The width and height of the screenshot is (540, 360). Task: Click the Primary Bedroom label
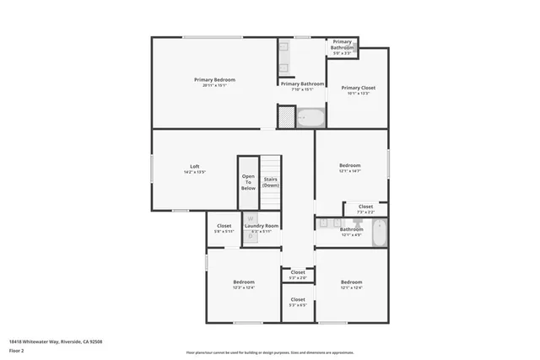coord(214,80)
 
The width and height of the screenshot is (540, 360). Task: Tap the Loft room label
coord(194,166)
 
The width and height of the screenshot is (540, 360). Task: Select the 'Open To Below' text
coord(248,182)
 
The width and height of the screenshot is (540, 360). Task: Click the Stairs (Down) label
coord(271,182)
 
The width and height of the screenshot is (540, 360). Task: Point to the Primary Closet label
coord(357,88)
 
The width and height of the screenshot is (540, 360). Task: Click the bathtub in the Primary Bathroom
coord(310,117)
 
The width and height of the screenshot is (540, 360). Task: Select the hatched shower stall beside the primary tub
coord(287,116)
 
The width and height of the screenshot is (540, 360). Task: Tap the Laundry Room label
coord(262,226)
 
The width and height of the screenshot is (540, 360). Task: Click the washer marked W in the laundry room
coord(250,219)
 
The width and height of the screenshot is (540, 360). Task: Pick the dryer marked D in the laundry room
coord(250,237)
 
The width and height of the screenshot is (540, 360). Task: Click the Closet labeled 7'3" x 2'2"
coord(365,207)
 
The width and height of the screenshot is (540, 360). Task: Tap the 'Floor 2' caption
coord(16,350)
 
